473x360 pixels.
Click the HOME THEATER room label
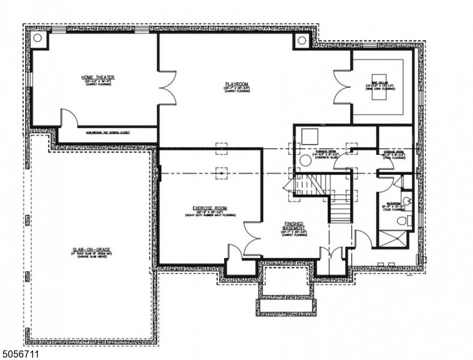coord(98,77)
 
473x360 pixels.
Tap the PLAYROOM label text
coord(233,84)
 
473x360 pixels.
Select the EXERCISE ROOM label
coord(210,210)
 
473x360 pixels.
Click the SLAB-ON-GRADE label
coord(89,250)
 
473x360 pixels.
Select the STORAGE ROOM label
coord(393,152)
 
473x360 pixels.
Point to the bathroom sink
coord(406,201)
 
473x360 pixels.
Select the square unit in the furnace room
coord(309,136)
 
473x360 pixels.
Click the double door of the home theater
coord(167,85)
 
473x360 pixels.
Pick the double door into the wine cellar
coord(343,86)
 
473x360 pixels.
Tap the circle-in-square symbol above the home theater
coord(38,38)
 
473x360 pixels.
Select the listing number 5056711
coord(20,354)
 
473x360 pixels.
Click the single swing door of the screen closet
coord(68,118)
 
